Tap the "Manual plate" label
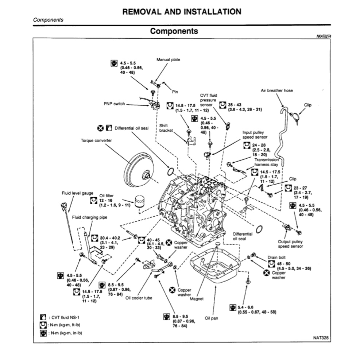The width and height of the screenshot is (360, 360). pos(168,59)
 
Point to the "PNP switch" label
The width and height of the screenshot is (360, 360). pos(114,104)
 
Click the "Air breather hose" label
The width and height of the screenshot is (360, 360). pos(276,90)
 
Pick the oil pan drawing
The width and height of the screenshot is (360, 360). pos(215,268)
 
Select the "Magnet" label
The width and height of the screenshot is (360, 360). pos(197,299)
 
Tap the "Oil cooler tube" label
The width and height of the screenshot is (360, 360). pos(139,298)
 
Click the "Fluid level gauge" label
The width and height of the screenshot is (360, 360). pos(77,193)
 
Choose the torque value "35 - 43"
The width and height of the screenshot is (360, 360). pos(235,104)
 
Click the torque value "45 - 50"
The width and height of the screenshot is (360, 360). pos(284,263)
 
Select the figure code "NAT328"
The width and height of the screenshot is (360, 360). pos(321,338)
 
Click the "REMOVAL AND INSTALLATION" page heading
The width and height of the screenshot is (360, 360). pos(182,12)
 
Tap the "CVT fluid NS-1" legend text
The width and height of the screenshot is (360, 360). pos(63,317)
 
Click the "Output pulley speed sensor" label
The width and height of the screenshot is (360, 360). pos(290,244)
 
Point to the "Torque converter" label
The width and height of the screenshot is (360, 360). pos(96,140)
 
